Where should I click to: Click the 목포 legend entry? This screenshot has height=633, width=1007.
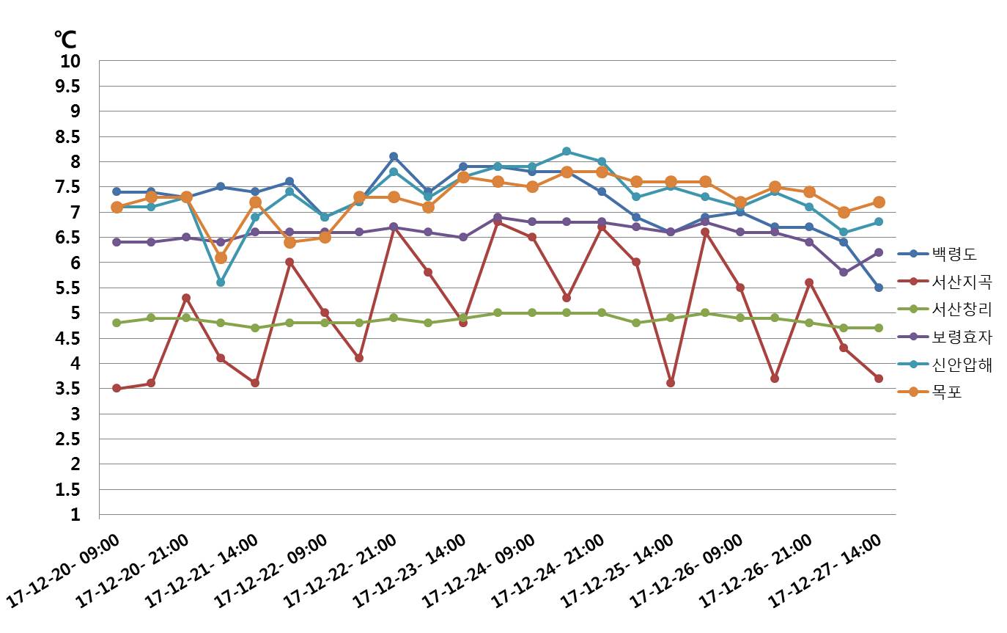(946, 392)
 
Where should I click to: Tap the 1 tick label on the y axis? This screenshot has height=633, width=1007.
(75, 515)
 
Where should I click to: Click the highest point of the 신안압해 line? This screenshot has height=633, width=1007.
(567, 152)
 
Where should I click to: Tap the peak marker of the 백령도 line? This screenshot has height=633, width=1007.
(394, 156)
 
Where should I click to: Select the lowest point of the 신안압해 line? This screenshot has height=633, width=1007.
(221, 282)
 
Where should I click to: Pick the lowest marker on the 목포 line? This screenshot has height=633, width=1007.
(221, 257)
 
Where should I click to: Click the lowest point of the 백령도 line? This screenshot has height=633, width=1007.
(878, 288)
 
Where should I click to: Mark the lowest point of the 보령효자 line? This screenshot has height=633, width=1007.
(844, 272)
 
